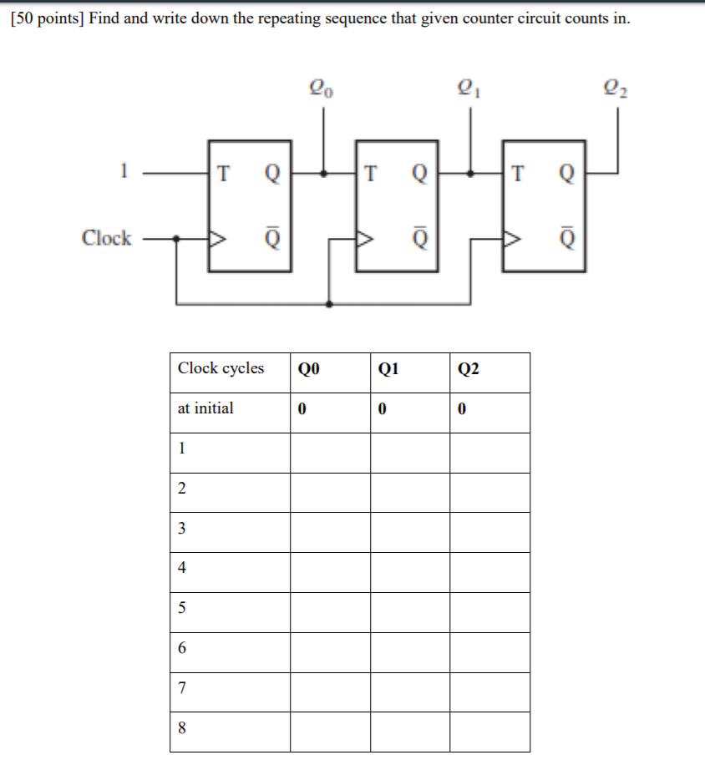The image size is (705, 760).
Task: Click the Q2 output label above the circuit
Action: click(616, 87)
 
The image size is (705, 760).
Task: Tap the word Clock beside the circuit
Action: click(106, 238)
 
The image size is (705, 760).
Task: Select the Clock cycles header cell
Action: click(221, 368)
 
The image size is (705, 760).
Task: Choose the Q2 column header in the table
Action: click(469, 369)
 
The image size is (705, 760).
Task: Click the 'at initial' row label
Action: click(205, 408)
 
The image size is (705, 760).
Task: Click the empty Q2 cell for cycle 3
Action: click(489, 532)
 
